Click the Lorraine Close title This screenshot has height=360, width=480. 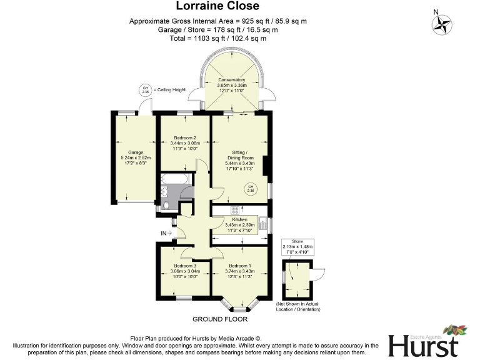217,7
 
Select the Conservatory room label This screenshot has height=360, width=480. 231,80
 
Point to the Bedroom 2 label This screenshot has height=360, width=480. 184,137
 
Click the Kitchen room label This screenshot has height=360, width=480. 240,219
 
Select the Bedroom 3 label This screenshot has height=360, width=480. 186,266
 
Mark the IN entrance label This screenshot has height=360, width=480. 164,233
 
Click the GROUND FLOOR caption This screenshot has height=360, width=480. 220,319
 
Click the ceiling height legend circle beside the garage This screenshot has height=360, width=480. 146,90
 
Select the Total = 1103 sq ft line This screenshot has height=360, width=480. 217,38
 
